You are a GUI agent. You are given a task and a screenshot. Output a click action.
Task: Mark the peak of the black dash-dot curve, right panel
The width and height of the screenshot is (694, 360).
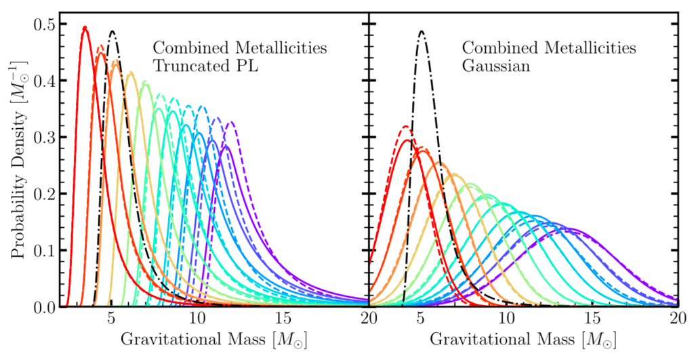click(x=422, y=31)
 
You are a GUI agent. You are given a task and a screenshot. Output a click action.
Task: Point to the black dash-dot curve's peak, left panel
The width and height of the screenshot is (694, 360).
click(x=113, y=31)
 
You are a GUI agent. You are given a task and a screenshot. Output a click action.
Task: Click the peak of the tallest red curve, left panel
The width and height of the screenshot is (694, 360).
click(x=85, y=27)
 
